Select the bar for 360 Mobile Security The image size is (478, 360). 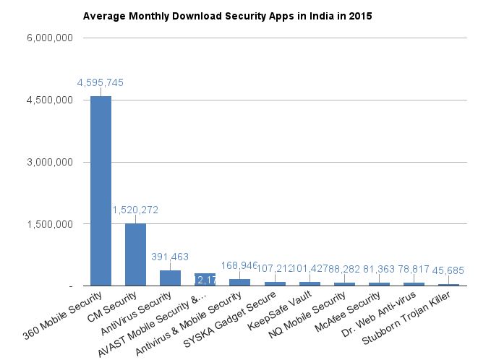pyautogui.click(x=101, y=191)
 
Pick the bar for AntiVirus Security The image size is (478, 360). pyautogui.click(x=170, y=278)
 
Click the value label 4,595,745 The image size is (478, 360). pyautogui.click(x=101, y=82)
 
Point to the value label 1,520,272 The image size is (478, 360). pyautogui.click(x=135, y=210)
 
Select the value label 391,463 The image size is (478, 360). pyautogui.click(x=170, y=257)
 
